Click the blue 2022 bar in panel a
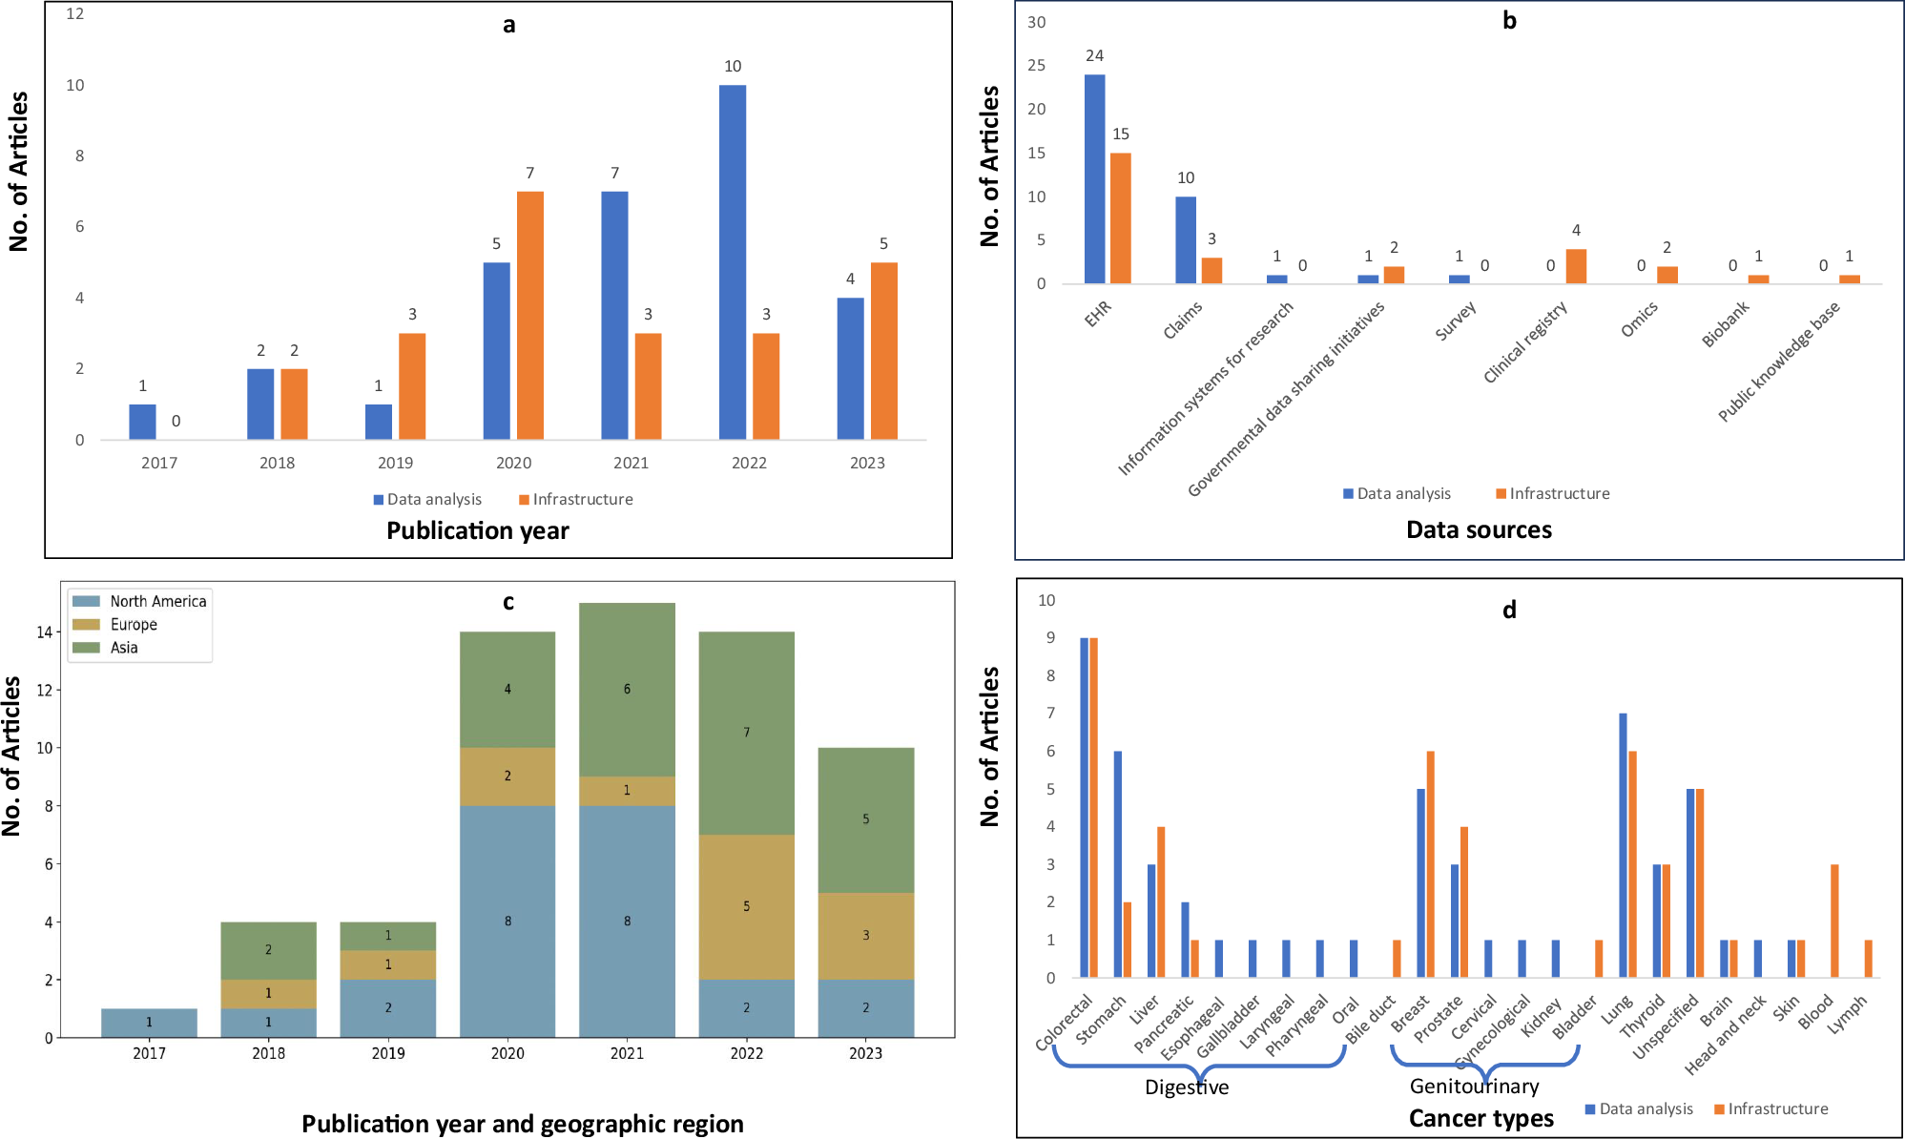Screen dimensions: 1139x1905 (x=733, y=262)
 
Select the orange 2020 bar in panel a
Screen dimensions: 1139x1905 (x=530, y=316)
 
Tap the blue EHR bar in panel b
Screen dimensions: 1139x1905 (x=1094, y=179)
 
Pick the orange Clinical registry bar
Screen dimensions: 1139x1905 (x=1576, y=266)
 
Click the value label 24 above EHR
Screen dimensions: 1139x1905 (x=1094, y=56)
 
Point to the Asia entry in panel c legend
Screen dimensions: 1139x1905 (x=124, y=648)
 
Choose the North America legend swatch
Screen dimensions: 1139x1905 (x=87, y=601)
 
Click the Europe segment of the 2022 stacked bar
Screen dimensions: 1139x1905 (x=746, y=906)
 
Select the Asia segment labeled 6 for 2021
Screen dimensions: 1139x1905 (x=627, y=689)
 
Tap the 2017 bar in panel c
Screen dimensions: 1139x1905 (x=149, y=1023)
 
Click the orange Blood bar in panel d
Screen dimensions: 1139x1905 (x=1834, y=921)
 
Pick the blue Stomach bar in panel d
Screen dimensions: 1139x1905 (x=1118, y=863)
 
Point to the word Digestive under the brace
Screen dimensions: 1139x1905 (x=1187, y=1087)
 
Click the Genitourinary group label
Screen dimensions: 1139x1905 (x=1474, y=1087)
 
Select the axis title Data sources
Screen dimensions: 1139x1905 (x=1479, y=530)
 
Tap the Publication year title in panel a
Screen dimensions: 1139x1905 (x=477, y=531)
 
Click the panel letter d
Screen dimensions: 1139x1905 (x=1509, y=610)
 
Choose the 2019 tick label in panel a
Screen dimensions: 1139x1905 (x=395, y=463)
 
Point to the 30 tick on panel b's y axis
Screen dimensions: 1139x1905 (x=1036, y=22)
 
